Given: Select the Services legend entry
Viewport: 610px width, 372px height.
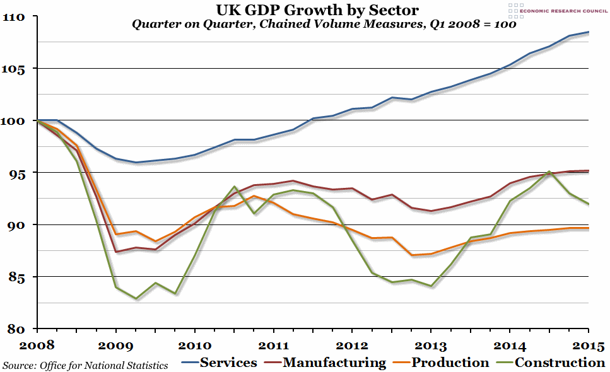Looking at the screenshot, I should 228,363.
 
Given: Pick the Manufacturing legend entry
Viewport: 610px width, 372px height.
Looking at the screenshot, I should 334,363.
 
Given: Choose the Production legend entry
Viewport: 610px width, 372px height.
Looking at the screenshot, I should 450,363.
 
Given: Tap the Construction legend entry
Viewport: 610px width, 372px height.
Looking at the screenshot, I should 560,363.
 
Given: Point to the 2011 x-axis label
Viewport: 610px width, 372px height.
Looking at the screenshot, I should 273,346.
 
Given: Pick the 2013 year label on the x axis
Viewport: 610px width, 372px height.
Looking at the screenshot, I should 431,346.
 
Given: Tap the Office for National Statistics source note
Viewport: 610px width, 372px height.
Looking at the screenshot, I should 85,365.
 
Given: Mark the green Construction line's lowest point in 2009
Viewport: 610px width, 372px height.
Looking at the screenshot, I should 136,298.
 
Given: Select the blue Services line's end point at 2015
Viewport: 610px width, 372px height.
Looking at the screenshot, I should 588,32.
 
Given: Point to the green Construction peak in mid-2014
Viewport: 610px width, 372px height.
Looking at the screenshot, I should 549,171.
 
